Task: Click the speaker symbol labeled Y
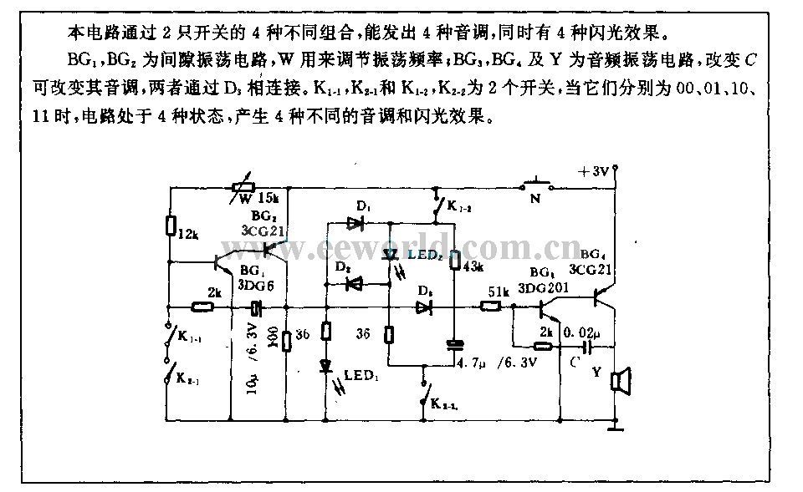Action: (x=619, y=382)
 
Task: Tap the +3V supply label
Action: (x=595, y=173)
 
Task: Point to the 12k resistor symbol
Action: (x=171, y=226)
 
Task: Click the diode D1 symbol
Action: (x=355, y=223)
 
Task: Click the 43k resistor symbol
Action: (x=454, y=261)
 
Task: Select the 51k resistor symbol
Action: (x=491, y=307)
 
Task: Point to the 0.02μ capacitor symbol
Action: (x=588, y=345)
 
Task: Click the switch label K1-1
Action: (x=189, y=337)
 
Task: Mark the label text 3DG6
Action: (x=256, y=285)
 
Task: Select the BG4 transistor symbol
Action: (x=603, y=295)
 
